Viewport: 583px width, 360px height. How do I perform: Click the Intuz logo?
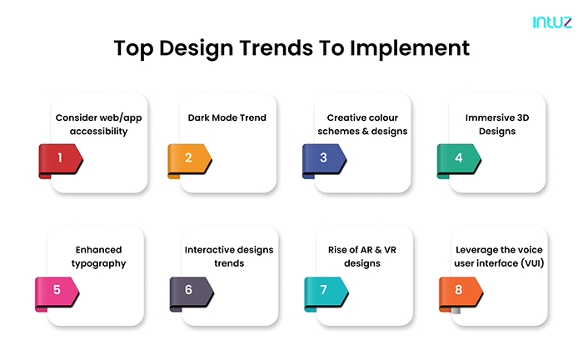point(551,22)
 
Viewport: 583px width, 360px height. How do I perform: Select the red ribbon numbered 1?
point(61,157)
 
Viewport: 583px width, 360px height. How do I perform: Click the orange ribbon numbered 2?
point(190,157)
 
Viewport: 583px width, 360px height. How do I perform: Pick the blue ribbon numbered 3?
point(324,157)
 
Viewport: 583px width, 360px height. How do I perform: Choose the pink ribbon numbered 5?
point(57,290)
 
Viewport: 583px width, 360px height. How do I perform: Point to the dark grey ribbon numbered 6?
point(190,290)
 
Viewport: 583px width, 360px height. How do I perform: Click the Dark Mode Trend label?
point(227,117)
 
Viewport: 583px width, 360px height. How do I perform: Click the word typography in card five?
point(97,263)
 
